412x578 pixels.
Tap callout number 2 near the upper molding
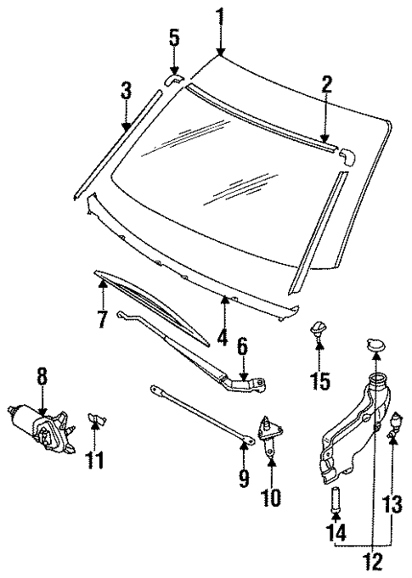327,85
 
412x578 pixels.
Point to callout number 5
174,38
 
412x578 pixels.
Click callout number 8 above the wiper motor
41,374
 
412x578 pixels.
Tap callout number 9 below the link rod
244,480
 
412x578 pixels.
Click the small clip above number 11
95,418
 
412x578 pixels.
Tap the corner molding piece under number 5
171,78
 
